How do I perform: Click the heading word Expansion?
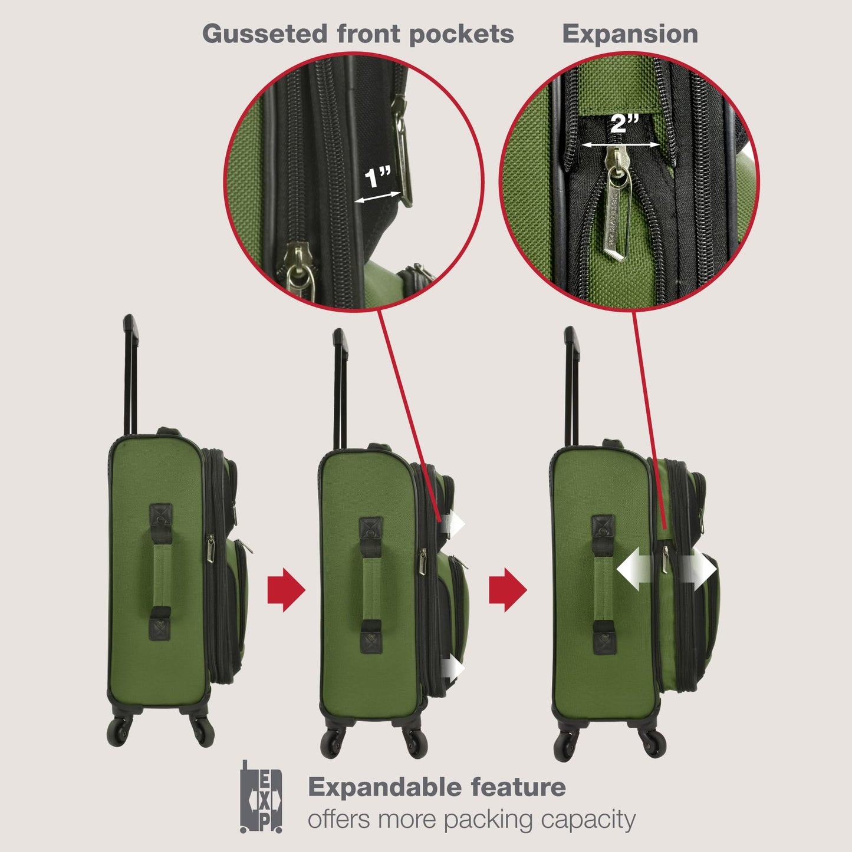pos(630,34)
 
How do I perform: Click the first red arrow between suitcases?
pos(286,590)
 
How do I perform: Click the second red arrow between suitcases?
pos(508,590)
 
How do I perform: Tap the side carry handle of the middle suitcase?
pos(371,585)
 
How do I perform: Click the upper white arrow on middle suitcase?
pos(454,524)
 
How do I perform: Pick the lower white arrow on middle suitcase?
pos(454,669)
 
